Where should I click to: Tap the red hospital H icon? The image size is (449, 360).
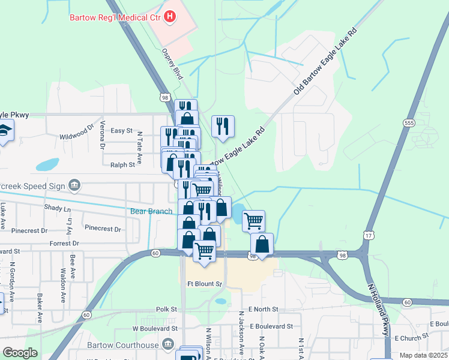(x=170, y=16)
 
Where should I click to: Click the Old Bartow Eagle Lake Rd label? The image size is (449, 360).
(x=325, y=62)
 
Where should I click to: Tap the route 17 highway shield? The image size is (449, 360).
(x=367, y=235)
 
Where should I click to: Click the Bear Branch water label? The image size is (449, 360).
(x=151, y=211)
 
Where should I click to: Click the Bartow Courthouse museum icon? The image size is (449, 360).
(x=169, y=344)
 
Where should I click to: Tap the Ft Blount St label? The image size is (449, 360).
(x=205, y=284)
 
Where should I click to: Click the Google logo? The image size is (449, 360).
(x=20, y=353)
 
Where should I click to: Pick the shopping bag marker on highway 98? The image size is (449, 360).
(x=262, y=244)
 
